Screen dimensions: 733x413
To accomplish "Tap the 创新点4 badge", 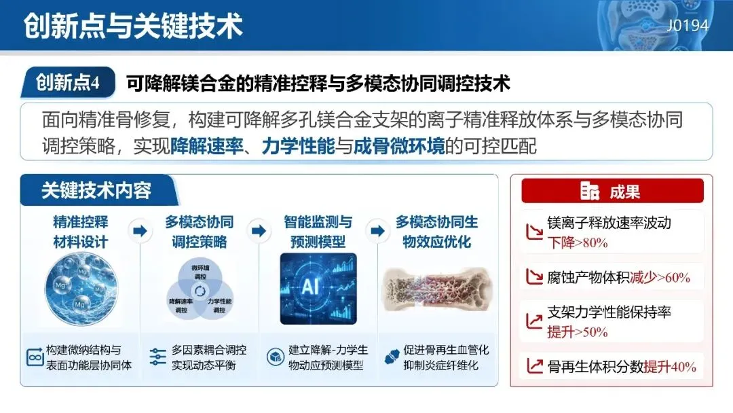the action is coord(68,82).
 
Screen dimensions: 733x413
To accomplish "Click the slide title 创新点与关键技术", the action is coord(133,25).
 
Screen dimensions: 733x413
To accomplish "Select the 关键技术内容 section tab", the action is coord(98,190).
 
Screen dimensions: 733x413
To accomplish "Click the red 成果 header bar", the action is coord(612,191).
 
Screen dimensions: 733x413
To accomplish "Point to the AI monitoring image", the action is coord(318,289).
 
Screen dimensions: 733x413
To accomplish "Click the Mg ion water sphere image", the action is coord(81,289).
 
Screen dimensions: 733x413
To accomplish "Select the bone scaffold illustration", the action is coord(437,289).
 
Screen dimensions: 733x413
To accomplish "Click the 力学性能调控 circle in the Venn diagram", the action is coord(217,302).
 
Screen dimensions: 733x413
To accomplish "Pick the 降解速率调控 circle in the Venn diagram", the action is coord(184,302).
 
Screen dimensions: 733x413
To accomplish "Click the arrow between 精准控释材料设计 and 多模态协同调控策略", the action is coord(140,230).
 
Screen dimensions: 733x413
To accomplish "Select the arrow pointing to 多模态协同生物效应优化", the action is coord(378,230).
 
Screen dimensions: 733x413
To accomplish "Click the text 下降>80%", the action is coord(578,243).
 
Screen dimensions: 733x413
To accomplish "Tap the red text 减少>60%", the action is coord(660,277).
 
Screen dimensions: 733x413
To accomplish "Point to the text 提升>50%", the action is coord(578,332).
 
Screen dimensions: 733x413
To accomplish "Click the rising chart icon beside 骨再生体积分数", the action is coord(535,365).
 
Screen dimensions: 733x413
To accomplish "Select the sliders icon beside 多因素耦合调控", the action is coord(158,357).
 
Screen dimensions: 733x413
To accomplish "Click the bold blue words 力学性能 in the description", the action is coord(298,147).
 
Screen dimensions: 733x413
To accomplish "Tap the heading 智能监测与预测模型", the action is coord(318,232).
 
